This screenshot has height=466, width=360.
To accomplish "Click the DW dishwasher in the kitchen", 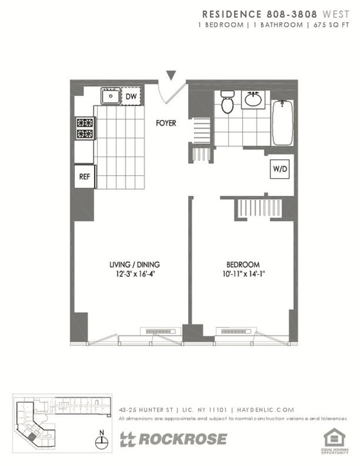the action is coord(131,96).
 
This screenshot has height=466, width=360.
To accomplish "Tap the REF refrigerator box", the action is coord(85,176).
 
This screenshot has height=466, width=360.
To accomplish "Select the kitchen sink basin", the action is coord(110,96).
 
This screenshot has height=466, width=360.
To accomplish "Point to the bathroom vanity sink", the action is coord(253,99).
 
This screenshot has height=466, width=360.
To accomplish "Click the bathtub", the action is coord(283,123).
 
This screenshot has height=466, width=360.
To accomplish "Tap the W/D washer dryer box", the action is coord(280,169).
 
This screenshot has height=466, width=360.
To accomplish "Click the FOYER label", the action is coord(166,123).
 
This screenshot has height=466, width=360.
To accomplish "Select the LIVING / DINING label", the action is coord(135,264).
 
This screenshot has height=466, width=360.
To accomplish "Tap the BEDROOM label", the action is coord(243,264).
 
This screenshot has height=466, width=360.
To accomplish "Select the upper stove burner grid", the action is coord(85,123).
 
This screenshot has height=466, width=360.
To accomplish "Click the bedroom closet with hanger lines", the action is coord(259,208).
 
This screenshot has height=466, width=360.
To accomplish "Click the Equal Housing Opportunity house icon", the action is coord(334,438).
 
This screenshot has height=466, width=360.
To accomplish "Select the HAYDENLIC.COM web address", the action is coord(265,410).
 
